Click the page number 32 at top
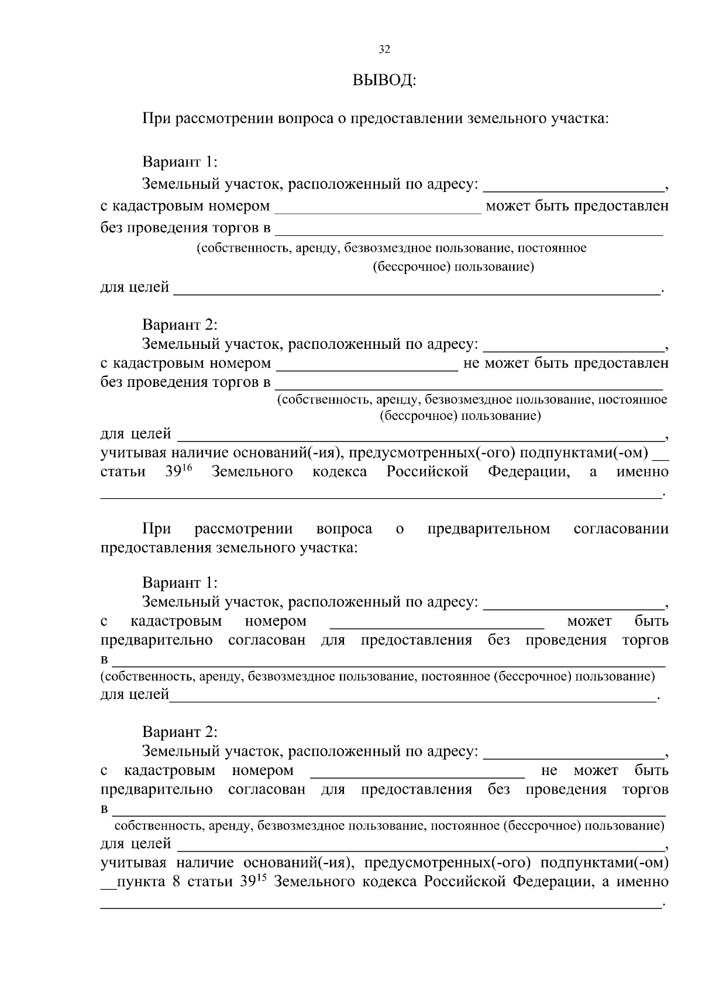pos(384,50)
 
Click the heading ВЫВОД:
pos(384,80)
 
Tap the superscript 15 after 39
pos(261,878)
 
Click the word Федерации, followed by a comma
pos(528,472)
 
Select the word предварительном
pos(488,529)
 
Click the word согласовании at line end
pos(621,529)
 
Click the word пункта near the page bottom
pos(141,882)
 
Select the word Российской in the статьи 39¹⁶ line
pos(427,472)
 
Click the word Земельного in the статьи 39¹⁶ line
pos(252,472)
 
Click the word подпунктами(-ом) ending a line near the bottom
pos(604,863)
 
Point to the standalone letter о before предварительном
pos(400,529)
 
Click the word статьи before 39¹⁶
pos(123,472)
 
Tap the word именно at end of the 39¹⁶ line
pos(642,472)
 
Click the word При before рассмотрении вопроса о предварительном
pos(157,529)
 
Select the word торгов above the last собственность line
pos(645,789)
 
